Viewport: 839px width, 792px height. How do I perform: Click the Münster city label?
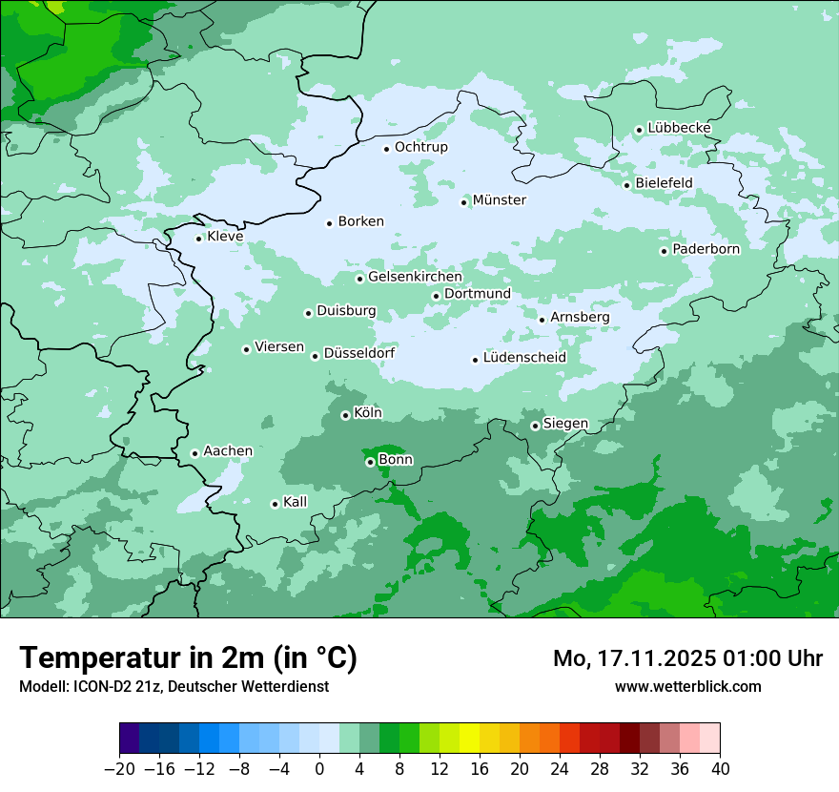coord(500,200)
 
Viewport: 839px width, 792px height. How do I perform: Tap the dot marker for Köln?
coord(345,415)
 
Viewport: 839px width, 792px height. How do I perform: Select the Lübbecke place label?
coord(679,128)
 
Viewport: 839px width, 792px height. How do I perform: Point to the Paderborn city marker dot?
coord(664,251)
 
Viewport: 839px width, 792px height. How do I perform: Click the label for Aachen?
coord(228,451)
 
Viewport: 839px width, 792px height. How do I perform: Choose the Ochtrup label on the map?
coord(420,147)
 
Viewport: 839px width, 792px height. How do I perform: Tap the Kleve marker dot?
coord(198,239)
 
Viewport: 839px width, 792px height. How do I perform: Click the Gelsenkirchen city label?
coord(415,277)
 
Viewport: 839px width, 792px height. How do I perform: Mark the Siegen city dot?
coord(535,426)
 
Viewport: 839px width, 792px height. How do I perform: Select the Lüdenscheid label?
coord(524,358)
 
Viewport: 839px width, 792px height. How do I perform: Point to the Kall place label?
coord(296,502)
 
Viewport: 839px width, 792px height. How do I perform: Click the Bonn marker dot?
coord(370,462)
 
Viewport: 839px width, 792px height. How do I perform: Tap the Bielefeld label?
coord(664,182)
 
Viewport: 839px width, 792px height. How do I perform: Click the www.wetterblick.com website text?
coord(687,686)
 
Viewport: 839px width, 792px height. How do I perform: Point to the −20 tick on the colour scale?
coord(119,769)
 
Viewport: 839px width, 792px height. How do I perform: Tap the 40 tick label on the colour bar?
coord(720,769)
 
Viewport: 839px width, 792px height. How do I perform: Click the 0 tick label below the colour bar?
coord(319,769)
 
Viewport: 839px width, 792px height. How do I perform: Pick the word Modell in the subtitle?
coord(42,686)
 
